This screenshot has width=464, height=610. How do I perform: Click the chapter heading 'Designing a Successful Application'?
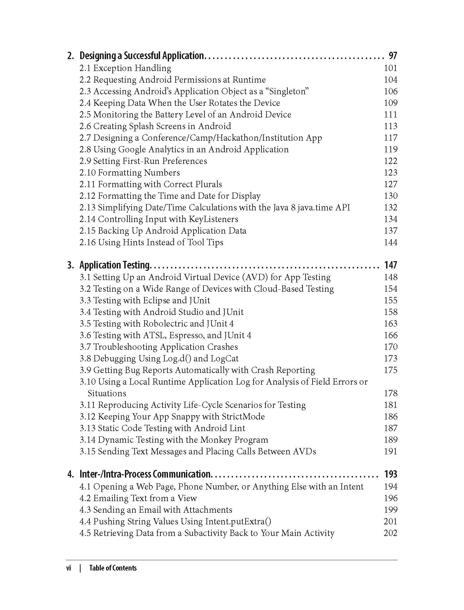(x=142, y=55)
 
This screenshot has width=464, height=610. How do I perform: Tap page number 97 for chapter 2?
(x=393, y=55)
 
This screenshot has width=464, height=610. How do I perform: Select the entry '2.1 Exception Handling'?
(x=125, y=68)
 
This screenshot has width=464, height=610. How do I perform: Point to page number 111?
(x=390, y=114)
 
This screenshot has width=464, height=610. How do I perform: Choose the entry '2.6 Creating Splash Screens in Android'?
(x=155, y=126)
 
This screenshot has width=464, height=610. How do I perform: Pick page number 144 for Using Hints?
(x=390, y=242)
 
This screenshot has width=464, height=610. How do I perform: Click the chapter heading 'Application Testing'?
(x=115, y=265)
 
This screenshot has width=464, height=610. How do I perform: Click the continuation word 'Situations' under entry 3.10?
(x=107, y=393)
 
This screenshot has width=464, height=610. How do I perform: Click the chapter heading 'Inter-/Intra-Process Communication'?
(x=145, y=474)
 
